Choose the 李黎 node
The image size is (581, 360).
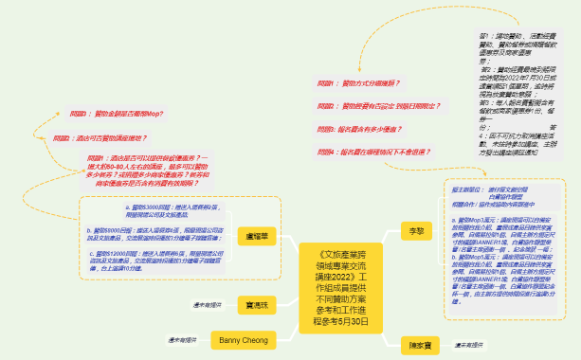pyautogui.click(x=413, y=230)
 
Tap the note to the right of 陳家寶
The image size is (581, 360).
pyautogui.click(x=474, y=345)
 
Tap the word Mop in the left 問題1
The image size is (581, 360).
pyautogui.click(x=154, y=113)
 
